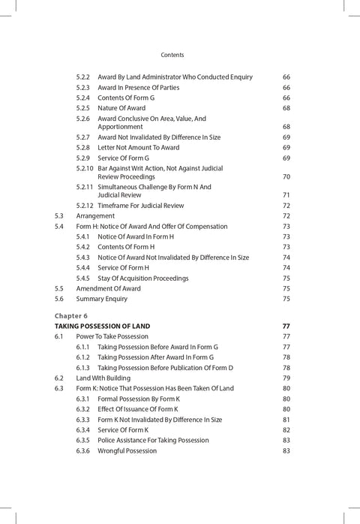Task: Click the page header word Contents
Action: click(172, 55)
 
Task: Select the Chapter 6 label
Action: click(71, 316)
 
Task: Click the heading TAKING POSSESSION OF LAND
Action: click(103, 327)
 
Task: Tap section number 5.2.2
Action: click(83, 77)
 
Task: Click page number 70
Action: click(286, 177)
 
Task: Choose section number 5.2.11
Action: click(85, 187)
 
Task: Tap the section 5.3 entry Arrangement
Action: click(95, 216)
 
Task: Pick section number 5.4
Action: click(59, 226)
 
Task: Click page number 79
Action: click(286, 378)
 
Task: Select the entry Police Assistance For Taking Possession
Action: click(163, 440)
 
